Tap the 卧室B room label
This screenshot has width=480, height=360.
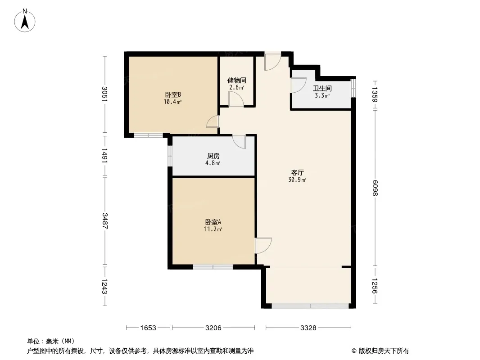[x=173, y=95]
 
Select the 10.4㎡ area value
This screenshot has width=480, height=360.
[x=172, y=102]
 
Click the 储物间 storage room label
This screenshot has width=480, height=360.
[x=237, y=81]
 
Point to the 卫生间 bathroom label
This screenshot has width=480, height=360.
[x=322, y=88]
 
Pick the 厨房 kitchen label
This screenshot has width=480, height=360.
[x=213, y=156]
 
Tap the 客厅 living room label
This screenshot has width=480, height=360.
[x=297, y=172]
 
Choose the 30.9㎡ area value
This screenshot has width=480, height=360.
[x=297, y=180]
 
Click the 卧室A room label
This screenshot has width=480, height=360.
[x=213, y=222]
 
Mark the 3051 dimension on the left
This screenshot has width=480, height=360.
[x=105, y=94]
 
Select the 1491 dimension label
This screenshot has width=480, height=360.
[x=105, y=156]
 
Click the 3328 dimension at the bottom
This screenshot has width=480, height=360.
[x=308, y=328]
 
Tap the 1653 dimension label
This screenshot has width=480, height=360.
[x=148, y=328]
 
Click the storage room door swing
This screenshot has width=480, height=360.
[x=236, y=99]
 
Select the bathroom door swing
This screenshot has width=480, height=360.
[x=299, y=85]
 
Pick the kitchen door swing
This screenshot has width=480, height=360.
[x=239, y=142]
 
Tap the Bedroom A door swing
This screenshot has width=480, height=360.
[x=263, y=245]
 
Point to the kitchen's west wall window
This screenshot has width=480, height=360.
[x=170, y=156]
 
